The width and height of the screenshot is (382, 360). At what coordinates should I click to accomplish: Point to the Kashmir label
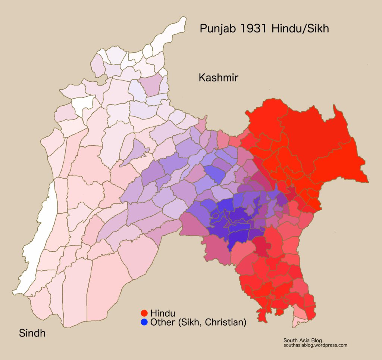pos(218,78)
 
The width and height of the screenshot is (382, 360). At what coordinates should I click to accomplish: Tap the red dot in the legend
pos(144,313)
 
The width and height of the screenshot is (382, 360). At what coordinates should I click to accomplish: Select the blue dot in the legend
pos(144,322)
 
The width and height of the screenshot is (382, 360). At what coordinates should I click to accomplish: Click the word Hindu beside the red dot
pos(162,313)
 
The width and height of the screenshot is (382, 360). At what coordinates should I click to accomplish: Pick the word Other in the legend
pos(162,322)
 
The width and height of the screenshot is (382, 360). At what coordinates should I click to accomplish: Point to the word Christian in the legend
pos(227,322)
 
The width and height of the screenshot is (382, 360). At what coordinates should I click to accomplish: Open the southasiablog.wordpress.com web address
pos(315,345)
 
